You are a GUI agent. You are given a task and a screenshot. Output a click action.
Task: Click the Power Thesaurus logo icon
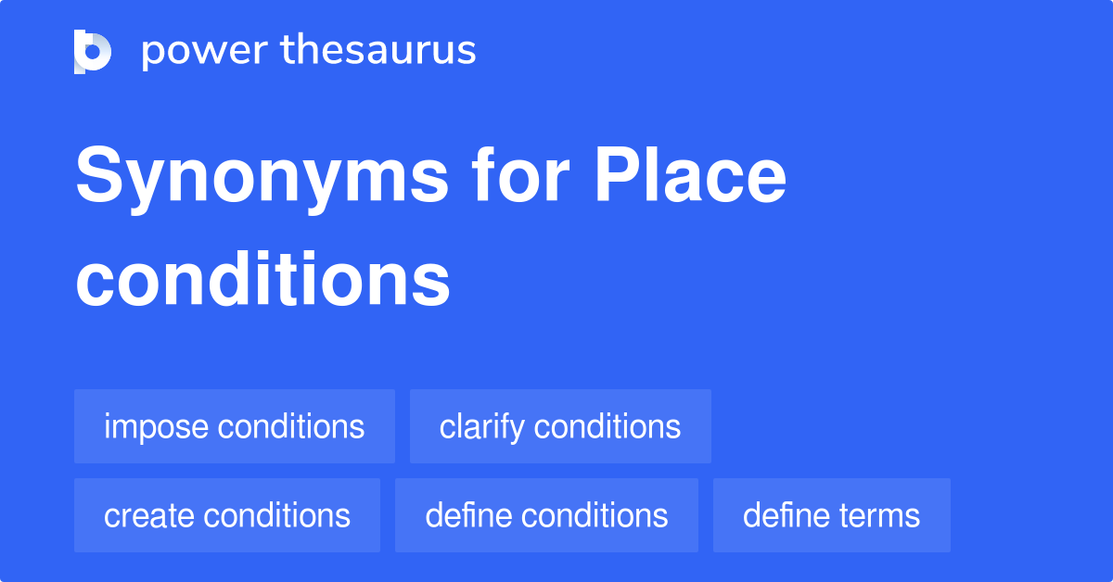pyautogui.click(x=93, y=51)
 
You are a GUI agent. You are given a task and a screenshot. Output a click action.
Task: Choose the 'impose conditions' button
pyautogui.click(x=235, y=426)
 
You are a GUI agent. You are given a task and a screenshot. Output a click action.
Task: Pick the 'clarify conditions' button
pyautogui.click(x=560, y=426)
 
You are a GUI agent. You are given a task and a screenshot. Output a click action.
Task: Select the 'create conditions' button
pyautogui.click(x=227, y=515)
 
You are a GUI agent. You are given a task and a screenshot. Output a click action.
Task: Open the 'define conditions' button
pyautogui.click(x=546, y=515)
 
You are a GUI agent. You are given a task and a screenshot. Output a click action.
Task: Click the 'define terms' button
pyautogui.click(x=831, y=515)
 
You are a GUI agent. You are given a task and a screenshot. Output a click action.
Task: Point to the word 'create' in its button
pyautogui.click(x=148, y=515)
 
